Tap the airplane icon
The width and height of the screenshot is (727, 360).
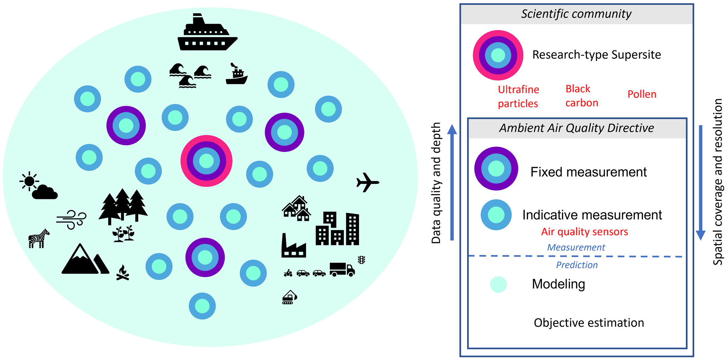[x=368, y=182]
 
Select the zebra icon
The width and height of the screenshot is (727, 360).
[x=38, y=238]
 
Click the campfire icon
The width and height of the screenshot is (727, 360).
[x=123, y=273]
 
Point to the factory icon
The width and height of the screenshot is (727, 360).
[x=293, y=246]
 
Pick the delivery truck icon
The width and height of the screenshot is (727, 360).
[x=342, y=269]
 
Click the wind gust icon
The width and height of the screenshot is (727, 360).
[x=71, y=219]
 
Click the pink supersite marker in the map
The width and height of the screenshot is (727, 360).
[x=206, y=161]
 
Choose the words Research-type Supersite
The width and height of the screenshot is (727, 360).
[x=597, y=55]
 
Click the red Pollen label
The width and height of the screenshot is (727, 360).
[x=642, y=94]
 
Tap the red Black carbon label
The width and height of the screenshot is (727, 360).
[x=581, y=96]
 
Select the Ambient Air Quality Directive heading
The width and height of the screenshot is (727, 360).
[x=576, y=128]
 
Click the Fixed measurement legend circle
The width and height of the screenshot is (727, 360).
[x=496, y=169]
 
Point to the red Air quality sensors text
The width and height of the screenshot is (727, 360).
[x=585, y=232]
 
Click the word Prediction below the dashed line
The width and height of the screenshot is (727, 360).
[x=577, y=265]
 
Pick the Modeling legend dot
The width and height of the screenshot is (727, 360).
[x=498, y=284]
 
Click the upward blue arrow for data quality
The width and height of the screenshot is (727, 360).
[x=452, y=183]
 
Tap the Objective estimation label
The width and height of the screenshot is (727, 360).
[x=589, y=323]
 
